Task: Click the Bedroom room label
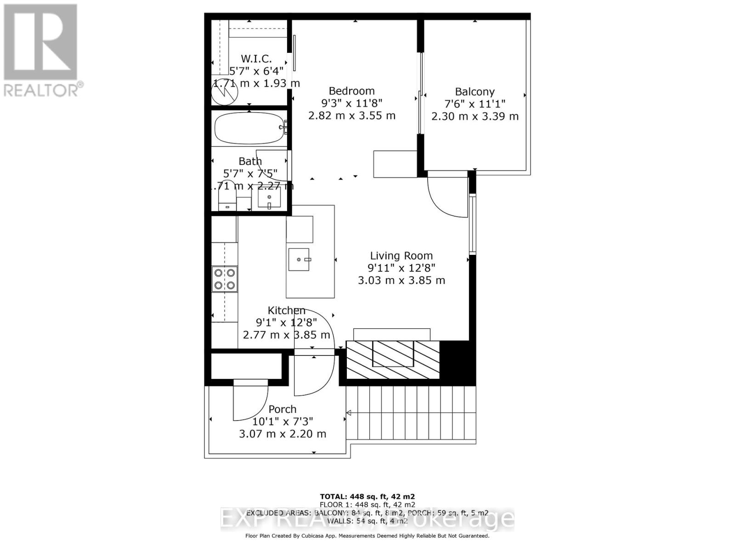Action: [x=351, y=91]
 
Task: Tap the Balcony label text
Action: [x=475, y=92]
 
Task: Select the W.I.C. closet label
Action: [x=256, y=59]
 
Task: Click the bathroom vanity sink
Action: [x=269, y=198]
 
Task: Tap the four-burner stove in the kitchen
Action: [x=225, y=279]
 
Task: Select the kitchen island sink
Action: [x=299, y=259]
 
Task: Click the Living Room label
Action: [x=401, y=256]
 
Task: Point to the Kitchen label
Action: [x=286, y=310]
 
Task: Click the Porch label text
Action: [x=283, y=409]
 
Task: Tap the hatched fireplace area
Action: [x=393, y=360]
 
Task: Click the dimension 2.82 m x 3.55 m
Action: [x=351, y=115]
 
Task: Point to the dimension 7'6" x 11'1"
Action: [x=475, y=104]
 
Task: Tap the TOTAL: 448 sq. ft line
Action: [x=367, y=496]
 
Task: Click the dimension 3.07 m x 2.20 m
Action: [x=283, y=433]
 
